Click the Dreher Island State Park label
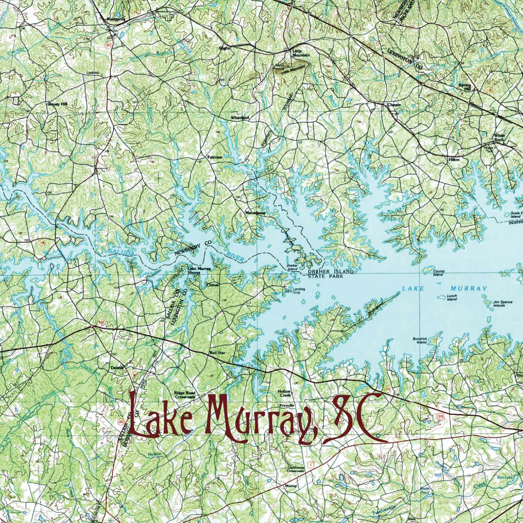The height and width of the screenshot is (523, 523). click(330, 274)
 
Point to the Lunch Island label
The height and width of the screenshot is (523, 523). click(452, 297)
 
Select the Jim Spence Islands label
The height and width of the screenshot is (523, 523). click(503, 303)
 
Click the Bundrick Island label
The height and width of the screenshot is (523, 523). click(420, 340)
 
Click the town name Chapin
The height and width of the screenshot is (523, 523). click(394, 105)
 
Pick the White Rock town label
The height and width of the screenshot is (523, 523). click(499, 138)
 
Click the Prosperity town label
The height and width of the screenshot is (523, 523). click(116, 19)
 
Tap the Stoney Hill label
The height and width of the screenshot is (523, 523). click(58, 104)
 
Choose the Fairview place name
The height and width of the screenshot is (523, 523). click(215, 157)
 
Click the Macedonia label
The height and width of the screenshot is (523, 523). click(256, 213)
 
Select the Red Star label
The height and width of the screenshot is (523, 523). click(217, 354)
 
